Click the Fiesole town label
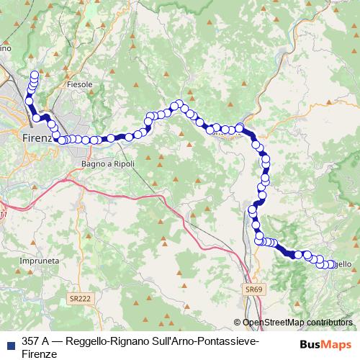click(x=80, y=84)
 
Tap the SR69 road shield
click(x=251, y=288)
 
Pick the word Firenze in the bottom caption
click(x=39, y=354)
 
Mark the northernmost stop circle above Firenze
click(x=34, y=74)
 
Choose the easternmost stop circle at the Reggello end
click(x=333, y=264)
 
